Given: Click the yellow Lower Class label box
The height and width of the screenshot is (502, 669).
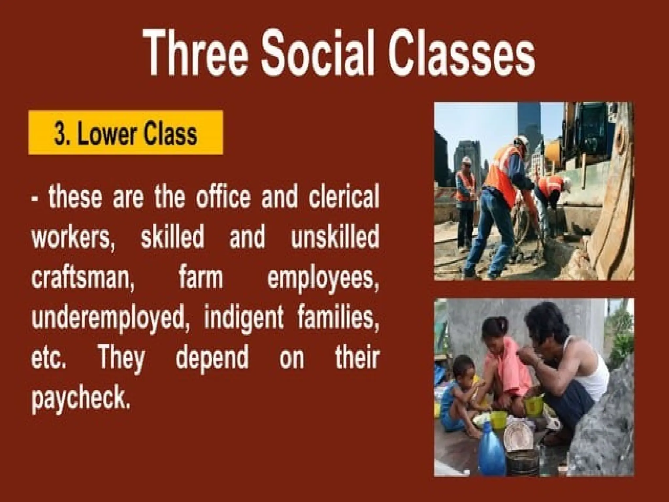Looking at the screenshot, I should (x=126, y=133).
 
